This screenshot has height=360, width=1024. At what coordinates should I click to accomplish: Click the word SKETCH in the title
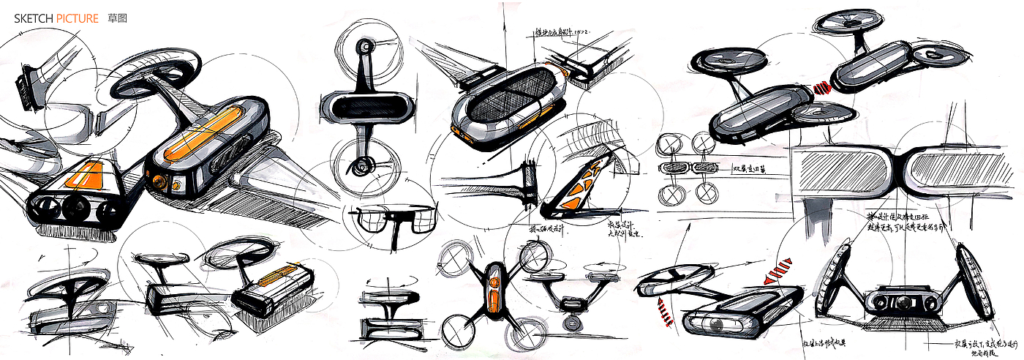(34, 18)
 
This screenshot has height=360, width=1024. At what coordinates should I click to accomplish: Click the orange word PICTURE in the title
(76, 18)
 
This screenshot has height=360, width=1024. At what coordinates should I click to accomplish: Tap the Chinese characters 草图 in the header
(115, 18)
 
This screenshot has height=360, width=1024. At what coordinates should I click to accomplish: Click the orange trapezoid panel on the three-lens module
(84, 177)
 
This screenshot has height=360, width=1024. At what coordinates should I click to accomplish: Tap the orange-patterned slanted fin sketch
(573, 186)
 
